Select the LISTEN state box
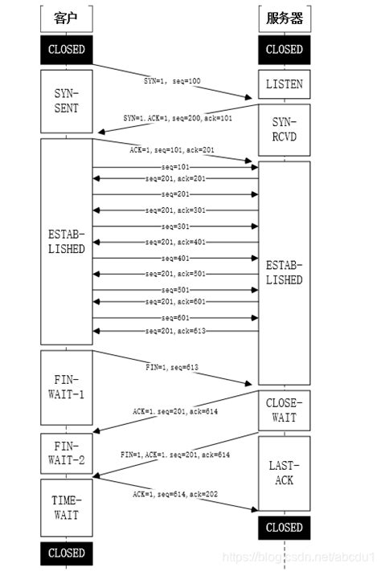point(284,84)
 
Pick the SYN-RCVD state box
point(284,128)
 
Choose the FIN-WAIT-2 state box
point(66,454)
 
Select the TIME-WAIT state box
point(66,508)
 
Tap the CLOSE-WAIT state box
point(284,410)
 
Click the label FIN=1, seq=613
point(172,368)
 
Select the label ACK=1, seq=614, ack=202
point(175,495)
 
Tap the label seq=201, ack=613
point(175,331)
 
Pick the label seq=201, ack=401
point(175,242)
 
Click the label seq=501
point(175,290)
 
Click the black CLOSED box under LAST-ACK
point(284,528)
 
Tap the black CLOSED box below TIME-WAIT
point(66,553)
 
